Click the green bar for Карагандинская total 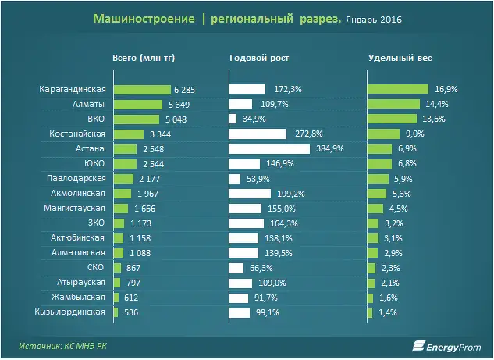tap(142, 90)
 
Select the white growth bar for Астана tap(269, 149)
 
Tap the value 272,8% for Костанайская tap(309, 134)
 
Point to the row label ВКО tap(96, 119)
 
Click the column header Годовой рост tap(259, 58)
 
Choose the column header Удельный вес tap(400, 58)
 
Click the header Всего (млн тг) tap(144, 58)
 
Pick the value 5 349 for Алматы tap(179, 105)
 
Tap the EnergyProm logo tap(446, 346)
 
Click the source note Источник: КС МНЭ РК tap(62, 346)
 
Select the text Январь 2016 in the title tap(374, 20)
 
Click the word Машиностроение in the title tap(144, 19)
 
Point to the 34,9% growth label tap(254, 119)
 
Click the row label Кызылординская tap(69, 312)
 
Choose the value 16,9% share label tap(446, 89)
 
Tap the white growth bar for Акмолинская tap(250, 194)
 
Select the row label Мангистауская tap(74, 208)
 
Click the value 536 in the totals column tap(131, 312)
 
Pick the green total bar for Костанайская tap(129, 134)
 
